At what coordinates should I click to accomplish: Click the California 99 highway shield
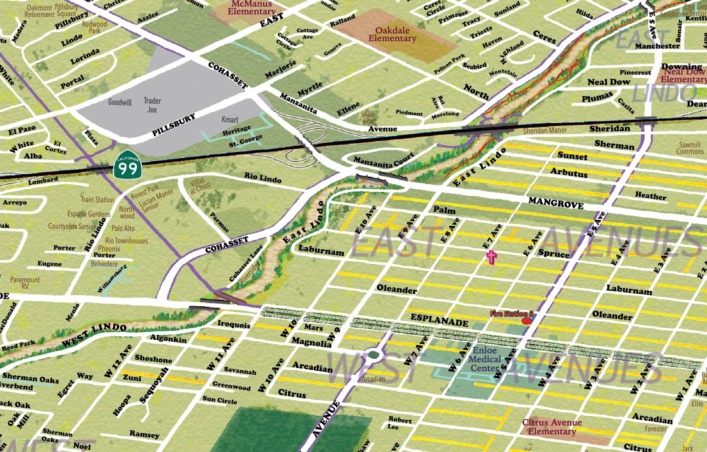tap(128, 167)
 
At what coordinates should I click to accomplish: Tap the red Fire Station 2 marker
tap(526, 321)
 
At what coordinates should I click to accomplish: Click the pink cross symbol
tap(491, 257)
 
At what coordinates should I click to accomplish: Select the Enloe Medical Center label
tap(485, 359)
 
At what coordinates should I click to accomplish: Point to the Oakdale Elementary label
tap(392, 34)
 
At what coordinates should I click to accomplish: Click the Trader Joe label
tap(152, 105)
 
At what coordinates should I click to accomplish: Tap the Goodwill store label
tap(120, 102)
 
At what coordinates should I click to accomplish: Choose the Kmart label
tap(230, 120)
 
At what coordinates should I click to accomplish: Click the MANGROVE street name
tap(556, 203)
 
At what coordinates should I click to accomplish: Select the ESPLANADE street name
tap(439, 320)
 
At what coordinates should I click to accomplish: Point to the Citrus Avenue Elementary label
tap(552, 427)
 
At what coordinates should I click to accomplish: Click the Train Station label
tap(97, 200)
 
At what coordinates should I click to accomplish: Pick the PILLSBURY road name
tap(174, 125)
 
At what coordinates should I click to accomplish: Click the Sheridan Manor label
tap(544, 131)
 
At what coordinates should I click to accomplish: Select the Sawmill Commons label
tap(690, 148)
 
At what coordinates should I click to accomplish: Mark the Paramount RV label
tap(25, 283)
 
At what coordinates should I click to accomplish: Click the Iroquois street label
tap(234, 324)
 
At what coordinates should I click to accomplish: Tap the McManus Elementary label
tap(251, 8)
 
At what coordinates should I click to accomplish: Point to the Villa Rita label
tap(368, 118)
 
